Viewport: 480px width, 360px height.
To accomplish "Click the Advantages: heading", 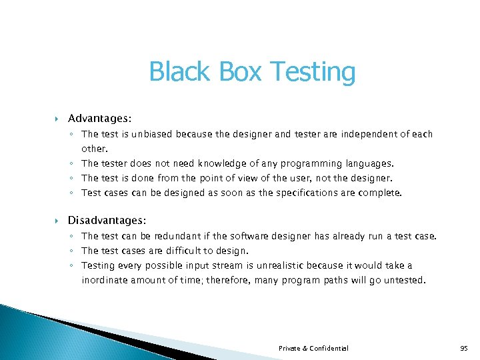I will [x=99, y=118].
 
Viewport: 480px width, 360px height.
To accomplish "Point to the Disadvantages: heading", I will [x=107, y=219].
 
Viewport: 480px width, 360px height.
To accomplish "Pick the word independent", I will [x=368, y=134].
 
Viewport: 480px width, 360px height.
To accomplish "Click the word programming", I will [x=312, y=163].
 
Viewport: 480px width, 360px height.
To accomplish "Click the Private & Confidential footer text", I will [x=313, y=348].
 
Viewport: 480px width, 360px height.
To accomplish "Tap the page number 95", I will [x=463, y=348].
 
